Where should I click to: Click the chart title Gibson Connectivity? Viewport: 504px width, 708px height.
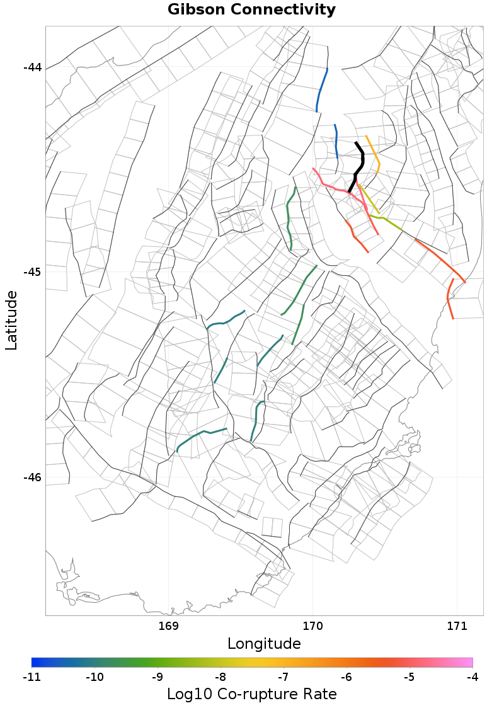click(251, 10)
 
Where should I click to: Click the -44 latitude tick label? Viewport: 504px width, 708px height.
click(32, 67)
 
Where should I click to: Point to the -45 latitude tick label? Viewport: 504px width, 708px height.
click(32, 272)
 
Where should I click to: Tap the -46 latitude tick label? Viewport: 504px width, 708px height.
click(32, 477)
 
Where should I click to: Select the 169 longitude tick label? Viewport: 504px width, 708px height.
click(169, 626)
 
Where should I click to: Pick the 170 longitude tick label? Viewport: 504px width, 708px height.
click(312, 626)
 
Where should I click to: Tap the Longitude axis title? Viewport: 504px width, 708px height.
click(264, 644)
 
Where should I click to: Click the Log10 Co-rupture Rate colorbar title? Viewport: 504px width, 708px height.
click(251, 694)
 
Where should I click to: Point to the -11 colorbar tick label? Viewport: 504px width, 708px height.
click(31, 677)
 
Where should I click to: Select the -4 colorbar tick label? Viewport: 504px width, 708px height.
click(472, 677)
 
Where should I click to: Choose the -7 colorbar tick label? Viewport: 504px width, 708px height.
click(283, 677)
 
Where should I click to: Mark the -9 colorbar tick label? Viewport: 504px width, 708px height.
click(157, 677)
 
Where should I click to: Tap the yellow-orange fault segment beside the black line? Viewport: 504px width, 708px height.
click(374, 154)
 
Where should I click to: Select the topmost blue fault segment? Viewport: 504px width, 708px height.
click(321, 89)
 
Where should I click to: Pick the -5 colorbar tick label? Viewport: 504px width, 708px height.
click(409, 677)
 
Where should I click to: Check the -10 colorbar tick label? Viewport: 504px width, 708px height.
click(94, 677)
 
